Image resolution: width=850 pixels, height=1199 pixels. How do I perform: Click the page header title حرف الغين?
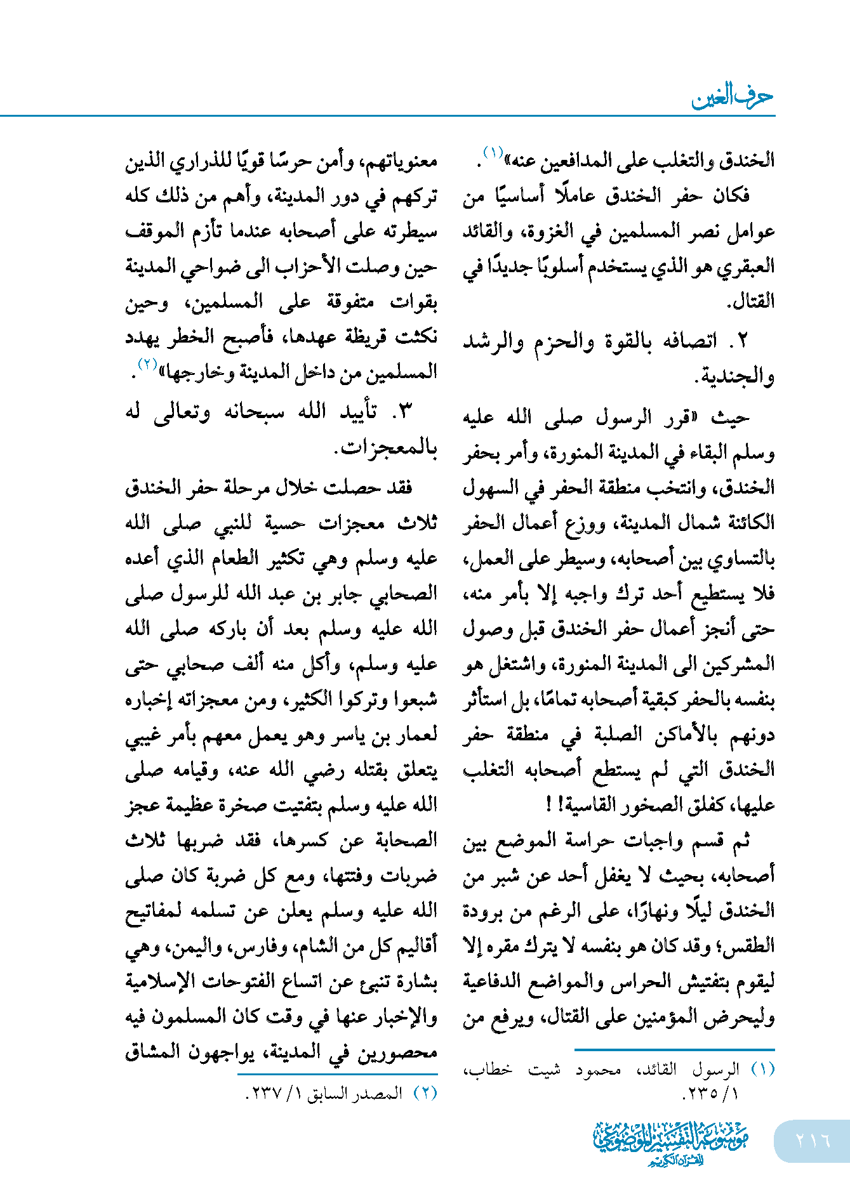[x=732, y=97]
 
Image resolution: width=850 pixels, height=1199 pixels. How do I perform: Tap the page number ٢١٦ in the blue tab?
[x=813, y=1140]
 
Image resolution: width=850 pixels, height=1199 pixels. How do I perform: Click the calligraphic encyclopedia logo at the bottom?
[x=670, y=1143]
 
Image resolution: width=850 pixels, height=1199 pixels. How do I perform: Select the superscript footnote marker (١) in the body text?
[x=493, y=153]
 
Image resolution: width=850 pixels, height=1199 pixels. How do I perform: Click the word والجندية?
[x=735, y=377]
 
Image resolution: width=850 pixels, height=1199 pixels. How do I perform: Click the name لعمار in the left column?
[x=414, y=735]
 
